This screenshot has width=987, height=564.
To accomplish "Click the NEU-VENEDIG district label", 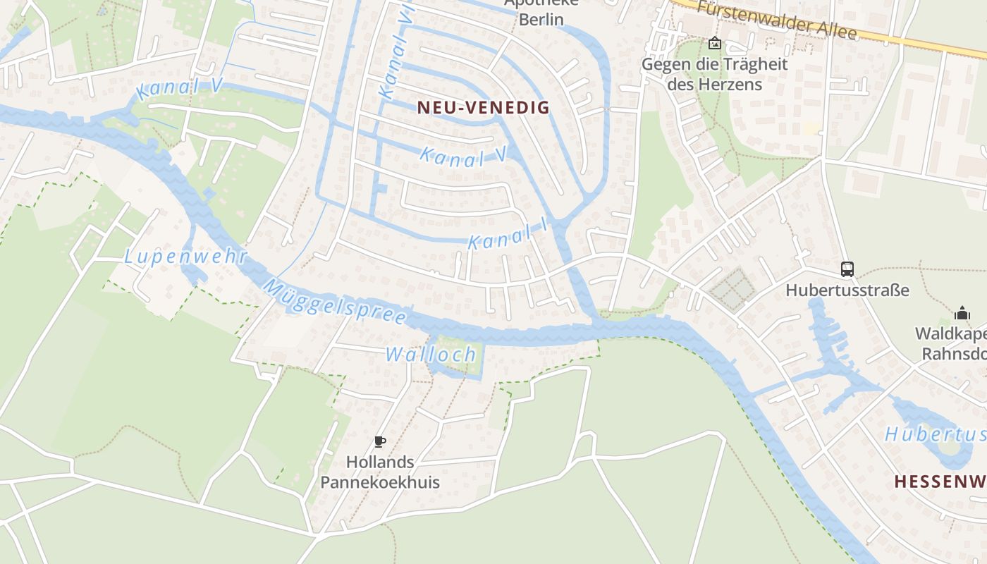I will pos(483,107).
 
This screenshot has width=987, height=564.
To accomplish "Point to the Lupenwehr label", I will pos(185,257).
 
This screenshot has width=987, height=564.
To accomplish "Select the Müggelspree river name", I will pos(336,301).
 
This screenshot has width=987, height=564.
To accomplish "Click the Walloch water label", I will pos(431,355).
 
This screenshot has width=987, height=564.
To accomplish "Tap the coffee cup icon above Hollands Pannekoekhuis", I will pos(380,442).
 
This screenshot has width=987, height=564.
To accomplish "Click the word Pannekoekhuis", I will pos(380,482).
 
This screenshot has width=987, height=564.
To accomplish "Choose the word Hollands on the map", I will pos(380,462).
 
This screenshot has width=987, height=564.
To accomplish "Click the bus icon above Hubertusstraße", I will pos(847,269).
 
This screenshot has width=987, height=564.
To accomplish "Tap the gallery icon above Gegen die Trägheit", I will pos(715,43).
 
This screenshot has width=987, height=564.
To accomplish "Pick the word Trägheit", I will pos(740,64).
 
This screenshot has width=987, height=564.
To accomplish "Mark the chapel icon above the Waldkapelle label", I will pos(962,313).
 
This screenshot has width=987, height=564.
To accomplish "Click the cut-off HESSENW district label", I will pos(940,482).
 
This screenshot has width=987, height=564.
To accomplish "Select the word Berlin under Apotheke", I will pos(541,19).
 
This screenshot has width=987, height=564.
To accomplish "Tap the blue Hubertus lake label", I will pos(935,434).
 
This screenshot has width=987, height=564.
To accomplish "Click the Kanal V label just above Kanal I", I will pos(463,157).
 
